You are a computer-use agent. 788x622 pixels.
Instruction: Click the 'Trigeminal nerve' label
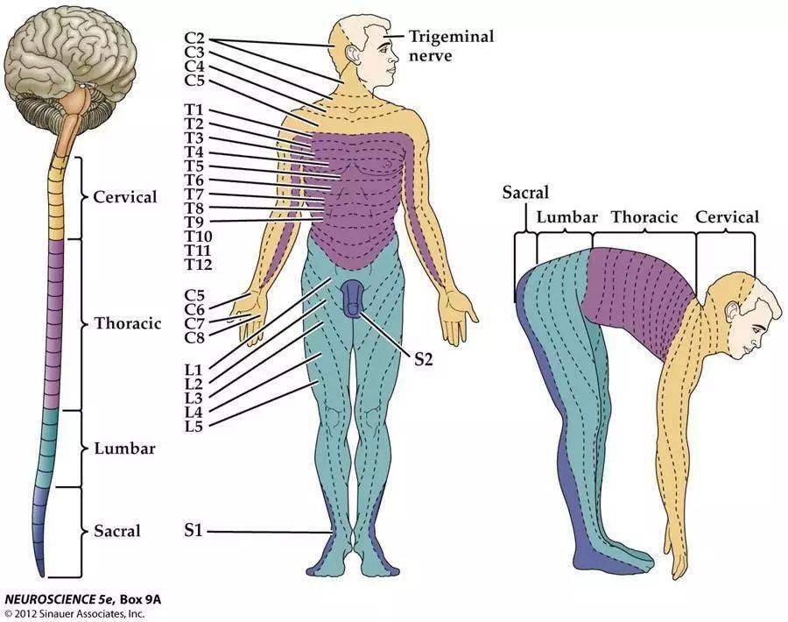pyautogui.click(x=450, y=45)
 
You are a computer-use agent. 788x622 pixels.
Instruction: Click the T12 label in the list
pyautogui.click(x=199, y=265)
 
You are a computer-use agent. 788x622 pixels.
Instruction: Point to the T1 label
pyautogui.click(x=194, y=110)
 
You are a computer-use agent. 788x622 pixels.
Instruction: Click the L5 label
pyautogui.click(x=194, y=425)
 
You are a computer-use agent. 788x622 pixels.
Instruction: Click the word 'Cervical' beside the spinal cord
pyautogui.click(x=125, y=197)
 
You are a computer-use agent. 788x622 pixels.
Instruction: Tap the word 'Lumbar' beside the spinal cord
pyautogui.click(x=124, y=449)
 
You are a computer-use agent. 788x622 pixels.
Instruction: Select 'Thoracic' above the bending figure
pyautogui.click(x=644, y=217)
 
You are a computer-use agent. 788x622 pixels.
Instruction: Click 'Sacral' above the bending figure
pyautogui.click(x=525, y=193)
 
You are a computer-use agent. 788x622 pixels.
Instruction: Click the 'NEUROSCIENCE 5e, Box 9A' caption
pyautogui.click(x=84, y=600)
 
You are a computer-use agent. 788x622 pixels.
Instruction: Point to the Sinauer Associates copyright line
pyautogui.click(x=74, y=613)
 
